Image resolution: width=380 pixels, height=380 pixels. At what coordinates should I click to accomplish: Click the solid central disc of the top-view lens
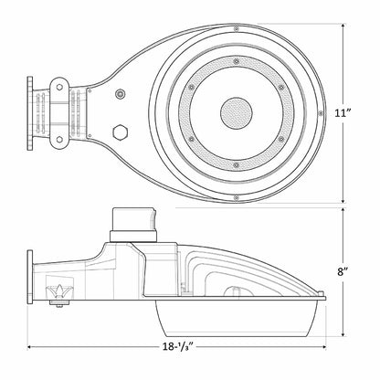[x=235, y=113]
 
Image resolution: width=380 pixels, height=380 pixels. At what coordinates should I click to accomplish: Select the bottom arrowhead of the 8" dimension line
[x=344, y=333]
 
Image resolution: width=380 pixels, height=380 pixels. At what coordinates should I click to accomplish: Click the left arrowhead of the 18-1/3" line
[x=31, y=346]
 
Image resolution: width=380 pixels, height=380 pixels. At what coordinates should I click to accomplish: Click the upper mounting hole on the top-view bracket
[x=60, y=89]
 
